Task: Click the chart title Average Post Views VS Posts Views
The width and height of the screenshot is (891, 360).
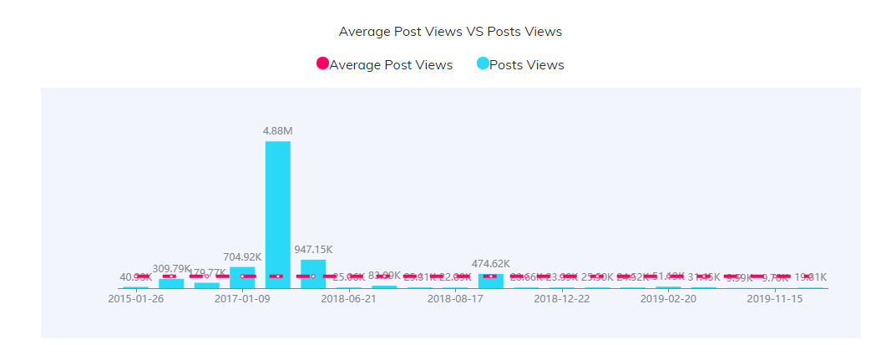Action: pyautogui.click(x=450, y=32)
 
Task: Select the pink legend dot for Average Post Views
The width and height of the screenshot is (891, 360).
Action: pyautogui.click(x=322, y=64)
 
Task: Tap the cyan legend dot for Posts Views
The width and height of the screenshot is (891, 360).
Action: pyautogui.click(x=483, y=64)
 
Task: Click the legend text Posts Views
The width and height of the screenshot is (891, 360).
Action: pyautogui.click(x=526, y=65)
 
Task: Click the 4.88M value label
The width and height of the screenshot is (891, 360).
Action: pyautogui.click(x=277, y=130)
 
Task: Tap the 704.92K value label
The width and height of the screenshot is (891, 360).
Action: pyautogui.click(x=242, y=256)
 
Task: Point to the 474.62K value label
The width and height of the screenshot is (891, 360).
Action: pyautogui.click(x=490, y=264)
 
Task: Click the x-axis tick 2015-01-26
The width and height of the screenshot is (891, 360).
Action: pyautogui.click(x=136, y=298)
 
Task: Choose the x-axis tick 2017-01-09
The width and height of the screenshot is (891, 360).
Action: pyautogui.click(x=242, y=298)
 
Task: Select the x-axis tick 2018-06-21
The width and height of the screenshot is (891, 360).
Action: pyautogui.click(x=348, y=298)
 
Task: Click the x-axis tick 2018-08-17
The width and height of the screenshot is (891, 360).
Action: pyautogui.click(x=455, y=298)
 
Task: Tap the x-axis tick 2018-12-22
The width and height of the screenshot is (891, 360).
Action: pyautogui.click(x=562, y=298)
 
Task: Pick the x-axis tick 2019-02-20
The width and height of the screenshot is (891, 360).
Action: pyautogui.click(x=668, y=298)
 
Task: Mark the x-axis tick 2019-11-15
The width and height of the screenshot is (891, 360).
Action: pyautogui.click(x=775, y=298)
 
